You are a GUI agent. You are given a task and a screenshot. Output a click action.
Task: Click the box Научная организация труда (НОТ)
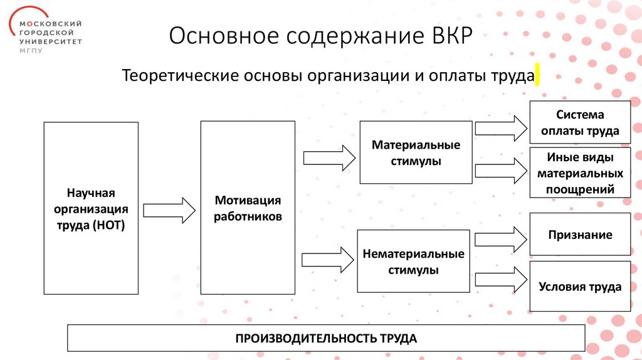click(91, 208)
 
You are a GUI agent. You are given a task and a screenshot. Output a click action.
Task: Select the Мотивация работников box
click(248, 208)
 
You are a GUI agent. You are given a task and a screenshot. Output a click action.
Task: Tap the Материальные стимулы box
click(416, 152)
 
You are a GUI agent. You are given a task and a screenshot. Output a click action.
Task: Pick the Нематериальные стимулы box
click(413, 262)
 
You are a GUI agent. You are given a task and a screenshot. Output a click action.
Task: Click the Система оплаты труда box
click(580, 123)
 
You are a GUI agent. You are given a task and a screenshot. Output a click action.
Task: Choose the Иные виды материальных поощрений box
click(580, 173)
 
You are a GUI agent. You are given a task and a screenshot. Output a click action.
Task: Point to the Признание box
click(580, 235)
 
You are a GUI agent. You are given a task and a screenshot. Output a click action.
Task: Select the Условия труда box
click(580, 287)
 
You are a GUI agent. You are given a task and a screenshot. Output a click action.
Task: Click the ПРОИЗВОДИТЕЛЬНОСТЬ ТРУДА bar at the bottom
click(326, 338)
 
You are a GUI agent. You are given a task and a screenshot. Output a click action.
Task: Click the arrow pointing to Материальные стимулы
click(328, 157)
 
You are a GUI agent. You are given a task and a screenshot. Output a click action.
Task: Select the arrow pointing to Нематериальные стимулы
click(327, 259)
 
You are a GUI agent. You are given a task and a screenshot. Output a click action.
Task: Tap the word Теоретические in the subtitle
click(178, 76)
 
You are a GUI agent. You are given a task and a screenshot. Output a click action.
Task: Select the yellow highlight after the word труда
click(537, 75)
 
